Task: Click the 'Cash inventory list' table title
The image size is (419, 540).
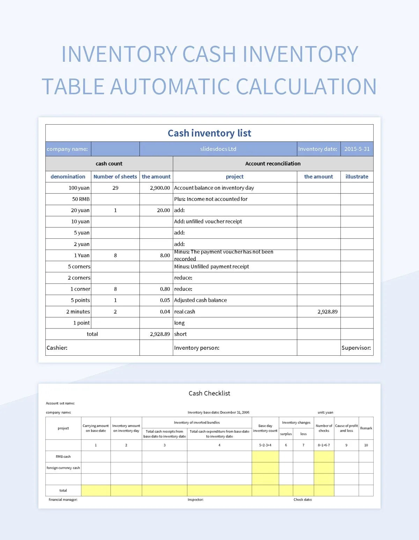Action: [x=209, y=133]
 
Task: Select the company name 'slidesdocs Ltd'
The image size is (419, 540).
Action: [x=218, y=149]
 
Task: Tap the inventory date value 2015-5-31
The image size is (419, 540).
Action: [x=356, y=149]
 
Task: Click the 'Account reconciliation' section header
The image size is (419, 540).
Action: [x=273, y=163]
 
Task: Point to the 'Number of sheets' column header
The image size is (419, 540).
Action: [x=115, y=177]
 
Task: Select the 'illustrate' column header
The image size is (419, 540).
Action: [x=356, y=177]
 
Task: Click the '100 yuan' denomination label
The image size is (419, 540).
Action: [x=79, y=188]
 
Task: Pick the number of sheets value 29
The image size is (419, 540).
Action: [x=115, y=188]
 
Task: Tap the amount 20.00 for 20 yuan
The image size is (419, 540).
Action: [x=163, y=210]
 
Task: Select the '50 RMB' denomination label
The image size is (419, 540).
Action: [x=81, y=199]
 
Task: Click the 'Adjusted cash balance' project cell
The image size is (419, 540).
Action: [x=200, y=300]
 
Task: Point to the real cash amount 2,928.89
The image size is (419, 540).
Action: [x=327, y=312]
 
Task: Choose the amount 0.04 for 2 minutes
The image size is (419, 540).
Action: [x=165, y=312]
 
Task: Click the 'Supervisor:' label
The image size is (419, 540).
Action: [x=356, y=348]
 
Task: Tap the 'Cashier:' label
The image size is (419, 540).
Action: [x=57, y=348]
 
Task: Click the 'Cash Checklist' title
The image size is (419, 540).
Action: [x=209, y=393]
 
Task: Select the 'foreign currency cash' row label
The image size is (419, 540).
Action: [x=63, y=468]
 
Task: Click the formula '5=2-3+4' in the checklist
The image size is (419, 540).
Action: [x=265, y=445]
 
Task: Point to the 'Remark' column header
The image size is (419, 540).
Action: [x=366, y=428]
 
